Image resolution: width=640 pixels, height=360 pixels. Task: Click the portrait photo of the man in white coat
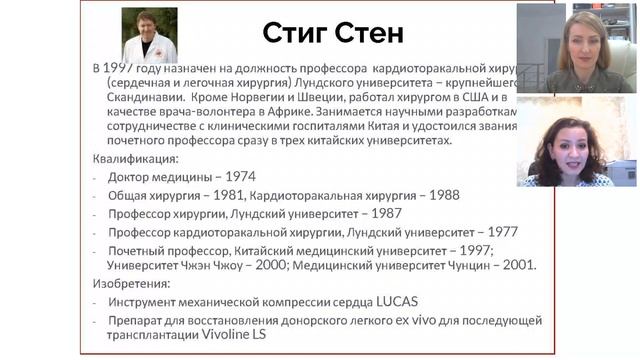coord(148,35)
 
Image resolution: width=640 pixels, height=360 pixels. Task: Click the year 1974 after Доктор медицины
coord(237,177)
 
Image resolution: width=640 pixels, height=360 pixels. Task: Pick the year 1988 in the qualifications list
coord(413,195)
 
